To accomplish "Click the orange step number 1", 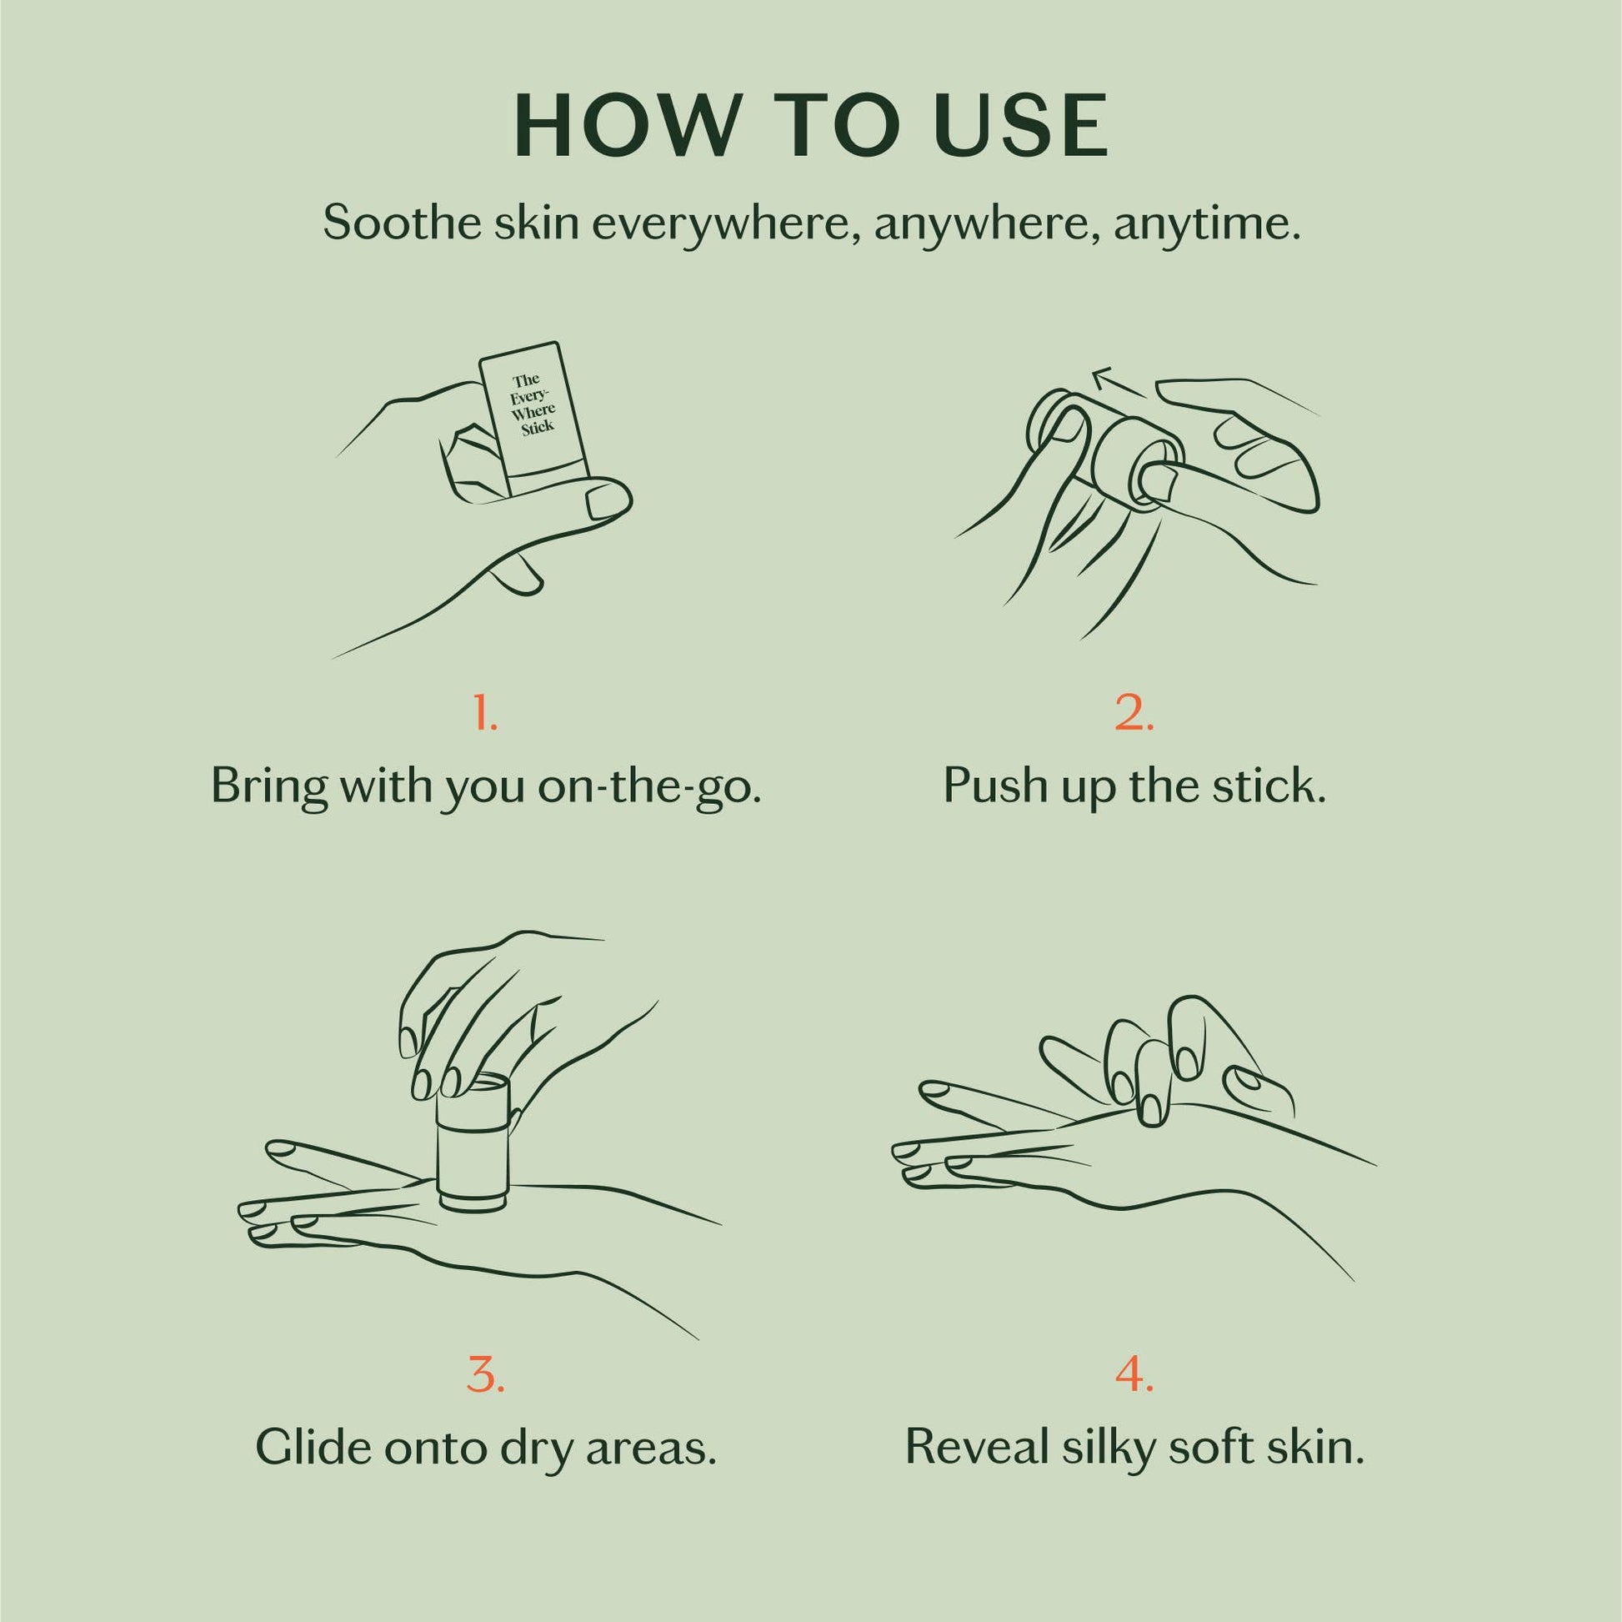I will pos(485,713).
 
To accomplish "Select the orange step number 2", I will pos(1134,713).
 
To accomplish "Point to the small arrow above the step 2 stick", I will pos(1118,382).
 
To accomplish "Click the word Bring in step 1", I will pos(266,786).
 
